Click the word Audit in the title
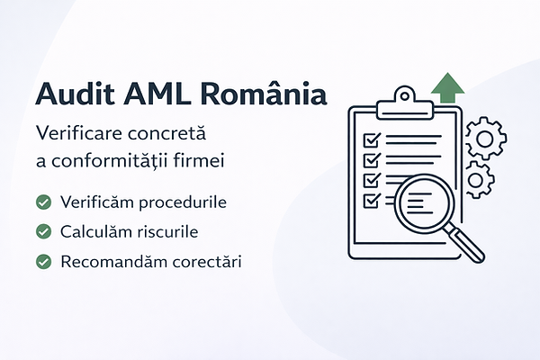75,93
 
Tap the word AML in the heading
157,94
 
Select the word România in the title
264,93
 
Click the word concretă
167,133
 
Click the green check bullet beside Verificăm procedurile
44,202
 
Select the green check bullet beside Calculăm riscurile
44,231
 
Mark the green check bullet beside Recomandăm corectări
44,262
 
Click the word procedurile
183,202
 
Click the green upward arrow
447,88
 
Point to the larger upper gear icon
486,139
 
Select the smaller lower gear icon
477,180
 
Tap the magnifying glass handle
464,243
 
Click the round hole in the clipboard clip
405,95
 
